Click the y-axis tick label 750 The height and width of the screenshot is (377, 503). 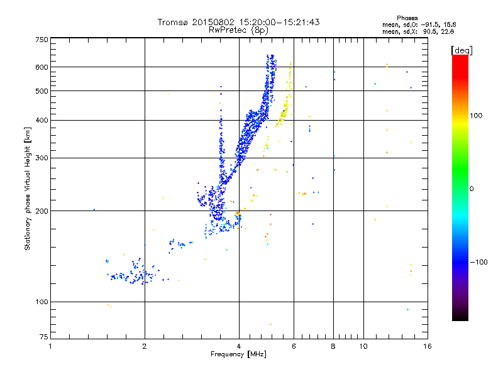tap(41, 40)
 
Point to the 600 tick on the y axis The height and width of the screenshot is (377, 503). tap(41, 67)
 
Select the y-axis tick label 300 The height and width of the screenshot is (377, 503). tap(41, 158)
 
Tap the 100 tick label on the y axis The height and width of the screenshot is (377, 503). tap(41, 302)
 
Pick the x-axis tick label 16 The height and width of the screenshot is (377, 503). tap(428, 346)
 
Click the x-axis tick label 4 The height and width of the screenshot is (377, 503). tap(239, 346)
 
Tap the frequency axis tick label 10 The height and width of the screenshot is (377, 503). tap(363, 346)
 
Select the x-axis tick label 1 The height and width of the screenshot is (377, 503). tap(50, 346)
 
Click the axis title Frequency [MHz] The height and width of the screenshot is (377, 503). tap(238, 354)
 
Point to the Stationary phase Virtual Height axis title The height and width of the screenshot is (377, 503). tap(28, 188)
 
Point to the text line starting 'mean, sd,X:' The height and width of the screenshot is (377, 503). tap(418, 31)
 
